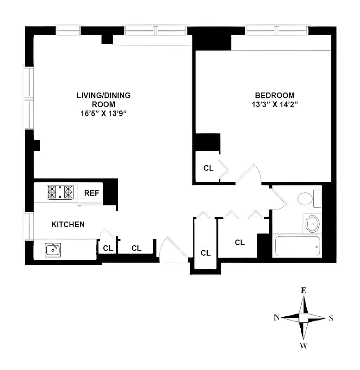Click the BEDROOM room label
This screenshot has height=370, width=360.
(274, 96)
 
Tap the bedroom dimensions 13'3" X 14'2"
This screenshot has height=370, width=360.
(274, 105)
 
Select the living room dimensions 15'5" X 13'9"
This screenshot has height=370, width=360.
(104, 113)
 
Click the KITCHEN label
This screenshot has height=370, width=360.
(68, 225)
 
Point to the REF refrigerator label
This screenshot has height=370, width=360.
(91, 193)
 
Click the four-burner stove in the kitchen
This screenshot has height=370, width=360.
(60, 191)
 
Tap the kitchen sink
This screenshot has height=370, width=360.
(52, 250)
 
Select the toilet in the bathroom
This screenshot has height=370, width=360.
(308, 199)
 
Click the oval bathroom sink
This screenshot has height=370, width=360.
(312, 224)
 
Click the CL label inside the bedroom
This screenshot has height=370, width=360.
(208, 168)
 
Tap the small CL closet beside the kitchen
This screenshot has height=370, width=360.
(108, 248)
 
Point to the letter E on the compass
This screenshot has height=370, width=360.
(304, 291)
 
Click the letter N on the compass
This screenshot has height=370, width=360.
(276, 317)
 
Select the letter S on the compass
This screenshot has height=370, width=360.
(330, 318)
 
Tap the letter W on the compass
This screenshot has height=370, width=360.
(304, 345)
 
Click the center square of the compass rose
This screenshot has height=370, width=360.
(304, 317)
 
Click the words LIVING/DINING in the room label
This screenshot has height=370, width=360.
(104, 96)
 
